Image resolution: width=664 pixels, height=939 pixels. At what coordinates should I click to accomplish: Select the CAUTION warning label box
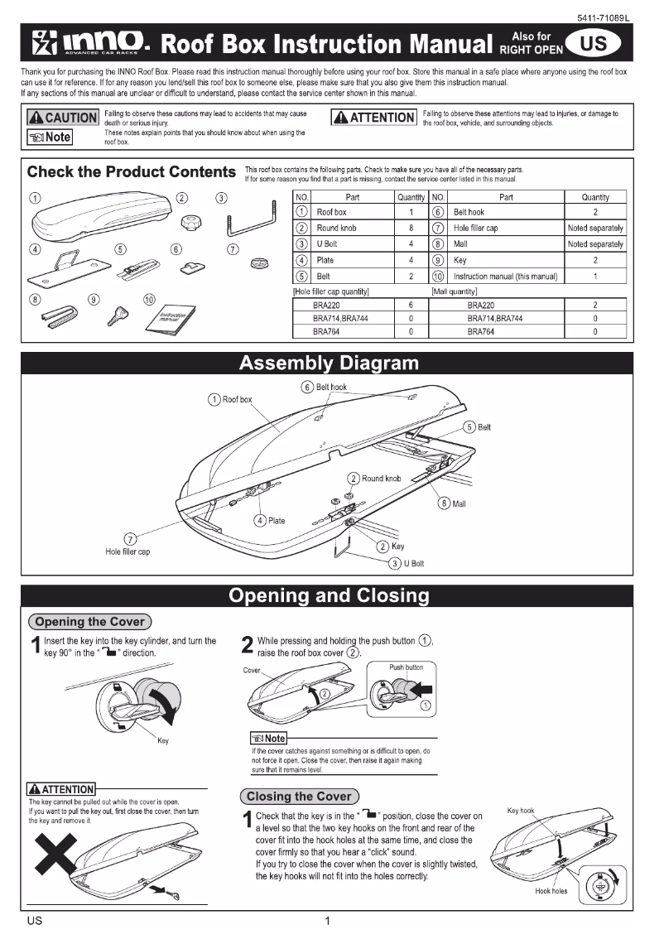point(62,118)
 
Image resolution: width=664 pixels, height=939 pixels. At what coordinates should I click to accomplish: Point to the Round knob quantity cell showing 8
point(411,228)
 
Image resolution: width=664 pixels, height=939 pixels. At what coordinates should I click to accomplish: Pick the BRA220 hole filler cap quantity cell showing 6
point(411,305)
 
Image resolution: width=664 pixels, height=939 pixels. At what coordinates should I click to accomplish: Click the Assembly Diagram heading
point(329,364)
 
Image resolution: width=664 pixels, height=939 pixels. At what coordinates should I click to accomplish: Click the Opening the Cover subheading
point(89,622)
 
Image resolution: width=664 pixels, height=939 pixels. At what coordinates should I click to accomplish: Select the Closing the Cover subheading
point(299,797)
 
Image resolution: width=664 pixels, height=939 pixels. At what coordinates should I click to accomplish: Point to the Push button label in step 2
point(406,667)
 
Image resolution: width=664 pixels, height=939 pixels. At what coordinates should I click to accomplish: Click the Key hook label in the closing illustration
point(521,811)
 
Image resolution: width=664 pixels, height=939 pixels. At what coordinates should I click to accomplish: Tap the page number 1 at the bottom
point(328,921)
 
